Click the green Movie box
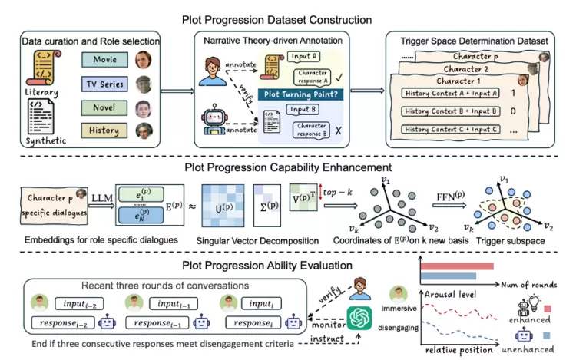[x=105, y=58]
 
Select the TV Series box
[x=105, y=83]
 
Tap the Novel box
[x=105, y=107]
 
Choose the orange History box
[x=105, y=130]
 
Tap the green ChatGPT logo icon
[x=359, y=316]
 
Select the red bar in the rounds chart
[x=454, y=266]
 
